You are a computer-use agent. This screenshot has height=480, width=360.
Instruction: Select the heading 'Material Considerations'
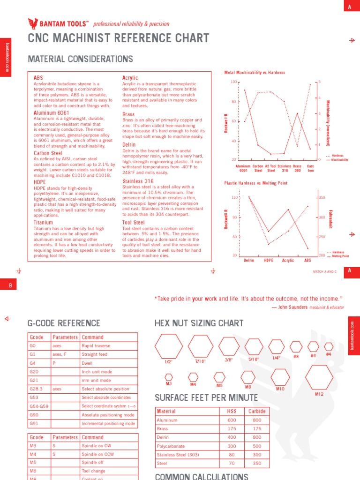[x=81, y=59]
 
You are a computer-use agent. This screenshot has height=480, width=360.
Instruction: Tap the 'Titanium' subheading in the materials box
[x=43, y=223]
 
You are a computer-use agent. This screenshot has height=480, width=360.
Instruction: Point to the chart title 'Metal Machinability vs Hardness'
[x=255, y=73]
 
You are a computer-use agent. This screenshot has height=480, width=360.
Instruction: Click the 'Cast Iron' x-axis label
[x=310, y=168]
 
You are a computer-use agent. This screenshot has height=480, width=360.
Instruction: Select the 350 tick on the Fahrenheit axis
[x=322, y=198]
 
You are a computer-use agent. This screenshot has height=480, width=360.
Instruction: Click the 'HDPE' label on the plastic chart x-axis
[x=269, y=260]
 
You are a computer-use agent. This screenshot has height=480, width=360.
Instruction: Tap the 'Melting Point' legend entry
[x=340, y=256]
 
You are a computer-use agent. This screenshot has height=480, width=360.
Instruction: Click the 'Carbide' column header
[x=257, y=411]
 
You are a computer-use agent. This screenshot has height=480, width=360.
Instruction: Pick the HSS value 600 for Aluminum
[x=232, y=420]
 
